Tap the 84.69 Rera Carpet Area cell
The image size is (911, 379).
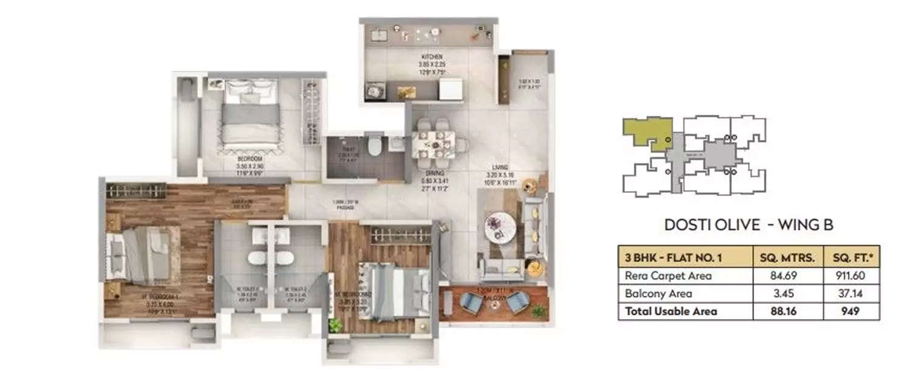787,276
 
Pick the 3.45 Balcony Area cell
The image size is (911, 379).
787,293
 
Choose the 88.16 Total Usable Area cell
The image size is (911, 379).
787,311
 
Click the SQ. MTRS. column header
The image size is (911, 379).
787,257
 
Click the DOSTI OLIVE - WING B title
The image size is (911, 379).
748,225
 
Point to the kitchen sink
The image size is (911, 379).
377,36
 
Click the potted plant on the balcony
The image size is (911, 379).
538,311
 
